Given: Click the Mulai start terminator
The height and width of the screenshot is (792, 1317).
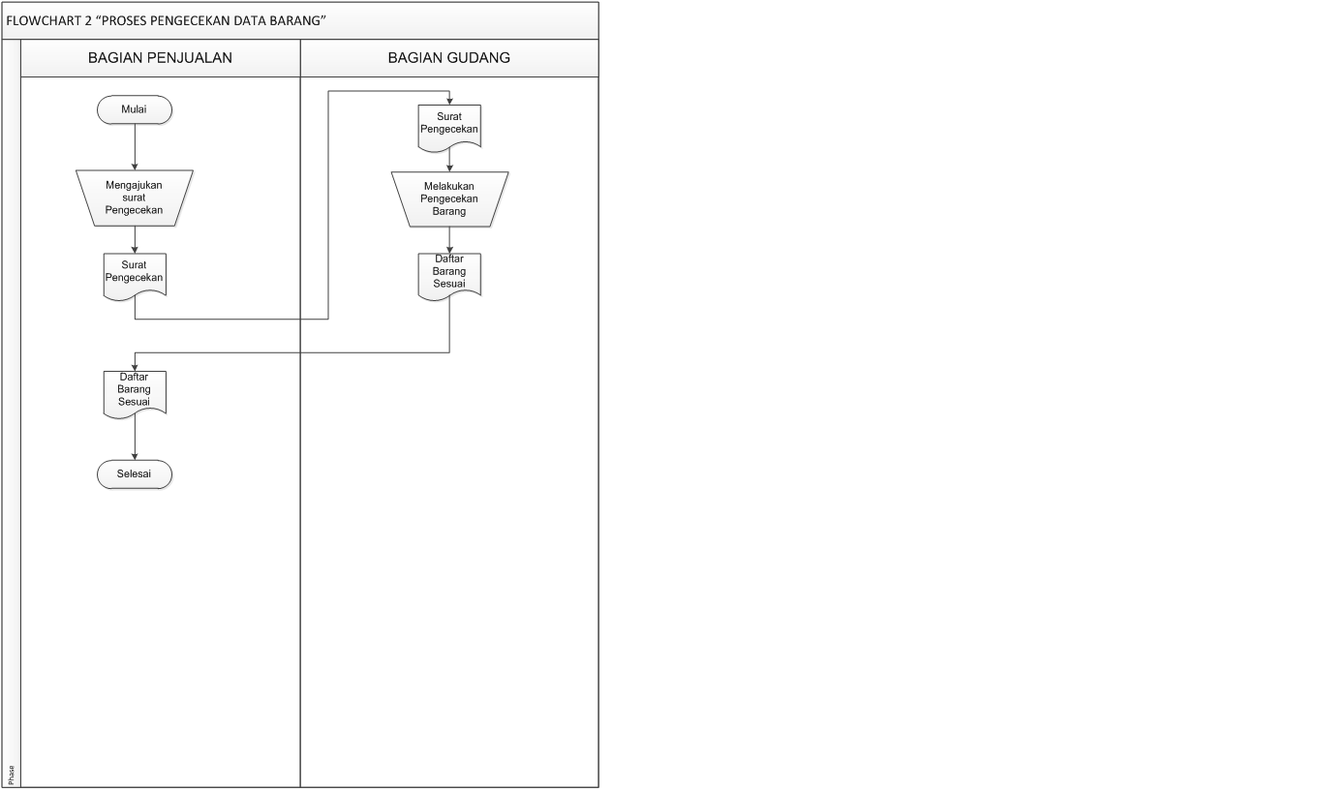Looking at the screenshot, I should pos(135,110).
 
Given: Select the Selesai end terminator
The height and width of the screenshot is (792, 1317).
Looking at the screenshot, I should pos(135,474).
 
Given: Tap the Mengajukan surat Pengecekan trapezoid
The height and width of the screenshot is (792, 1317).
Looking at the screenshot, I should pos(135,198).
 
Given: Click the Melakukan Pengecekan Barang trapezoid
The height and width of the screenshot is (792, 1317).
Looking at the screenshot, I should pos(449,198).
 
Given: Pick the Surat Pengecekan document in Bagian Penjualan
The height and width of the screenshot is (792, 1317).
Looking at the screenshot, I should pos(135,273).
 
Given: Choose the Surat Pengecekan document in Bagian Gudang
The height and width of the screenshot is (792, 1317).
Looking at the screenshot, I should pos(449,124).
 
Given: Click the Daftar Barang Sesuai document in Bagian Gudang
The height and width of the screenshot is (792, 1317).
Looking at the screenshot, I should pos(449,273).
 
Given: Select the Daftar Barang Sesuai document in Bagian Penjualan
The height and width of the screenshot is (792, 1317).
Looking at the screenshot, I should pos(135,391).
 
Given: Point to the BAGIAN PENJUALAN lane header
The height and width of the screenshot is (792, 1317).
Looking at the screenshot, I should pos(160,58).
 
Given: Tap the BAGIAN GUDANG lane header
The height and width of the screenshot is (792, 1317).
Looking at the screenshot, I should pos(449,58).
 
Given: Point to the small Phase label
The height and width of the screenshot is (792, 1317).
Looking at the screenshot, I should pos(12,774).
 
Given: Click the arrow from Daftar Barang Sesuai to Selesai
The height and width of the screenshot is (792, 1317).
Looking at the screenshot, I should pos(135,441).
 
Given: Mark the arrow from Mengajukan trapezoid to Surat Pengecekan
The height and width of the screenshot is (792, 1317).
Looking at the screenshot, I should pos(135,239).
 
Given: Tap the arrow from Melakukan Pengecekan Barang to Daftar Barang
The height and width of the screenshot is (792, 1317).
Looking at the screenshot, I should pos(449,240).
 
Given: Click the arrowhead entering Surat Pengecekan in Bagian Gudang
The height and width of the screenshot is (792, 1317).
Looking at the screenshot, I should pos(449,101).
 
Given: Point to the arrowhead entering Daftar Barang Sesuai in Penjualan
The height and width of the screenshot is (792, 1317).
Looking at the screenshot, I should pos(135,367).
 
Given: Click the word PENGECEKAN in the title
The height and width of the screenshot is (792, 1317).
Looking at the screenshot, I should pos(181,19).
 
